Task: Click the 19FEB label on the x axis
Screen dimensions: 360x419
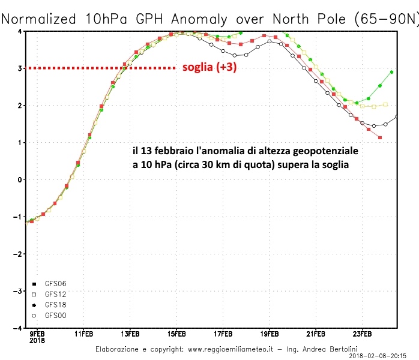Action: (x=269, y=334)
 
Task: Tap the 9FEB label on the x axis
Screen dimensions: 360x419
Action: (x=37, y=334)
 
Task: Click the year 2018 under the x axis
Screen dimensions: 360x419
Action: (x=37, y=340)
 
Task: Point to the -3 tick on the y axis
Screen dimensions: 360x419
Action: (x=19, y=291)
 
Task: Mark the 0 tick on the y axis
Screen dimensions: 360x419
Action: (x=20, y=179)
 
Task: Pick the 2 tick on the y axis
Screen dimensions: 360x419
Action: (x=20, y=105)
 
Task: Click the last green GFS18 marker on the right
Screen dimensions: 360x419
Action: (x=391, y=72)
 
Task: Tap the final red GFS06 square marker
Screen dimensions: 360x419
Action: (x=380, y=138)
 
